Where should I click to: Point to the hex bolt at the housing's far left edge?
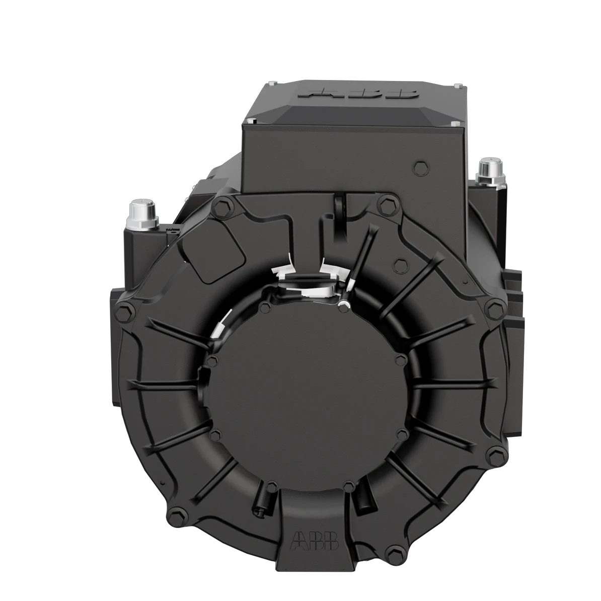[124, 313]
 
